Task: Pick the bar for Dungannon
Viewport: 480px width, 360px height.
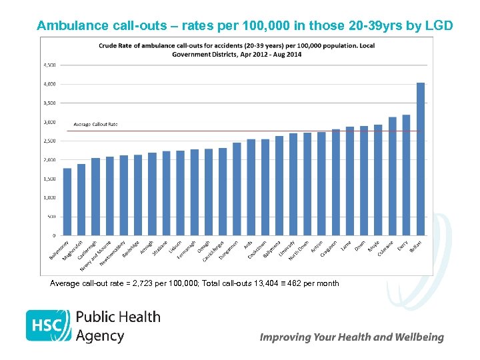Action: pyautogui.click(x=237, y=189)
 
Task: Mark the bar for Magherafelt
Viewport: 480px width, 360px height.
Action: pyautogui.click(x=81, y=200)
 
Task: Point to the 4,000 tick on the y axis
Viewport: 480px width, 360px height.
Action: pyautogui.click(x=50, y=84)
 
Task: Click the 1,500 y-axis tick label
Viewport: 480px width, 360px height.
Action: pyautogui.click(x=50, y=179)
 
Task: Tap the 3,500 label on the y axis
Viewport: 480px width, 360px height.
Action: pyautogui.click(x=50, y=103)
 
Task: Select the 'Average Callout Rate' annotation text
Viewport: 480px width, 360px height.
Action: pyautogui.click(x=95, y=124)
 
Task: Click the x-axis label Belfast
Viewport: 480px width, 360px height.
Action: pyautogui.click(x=415, y=246)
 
